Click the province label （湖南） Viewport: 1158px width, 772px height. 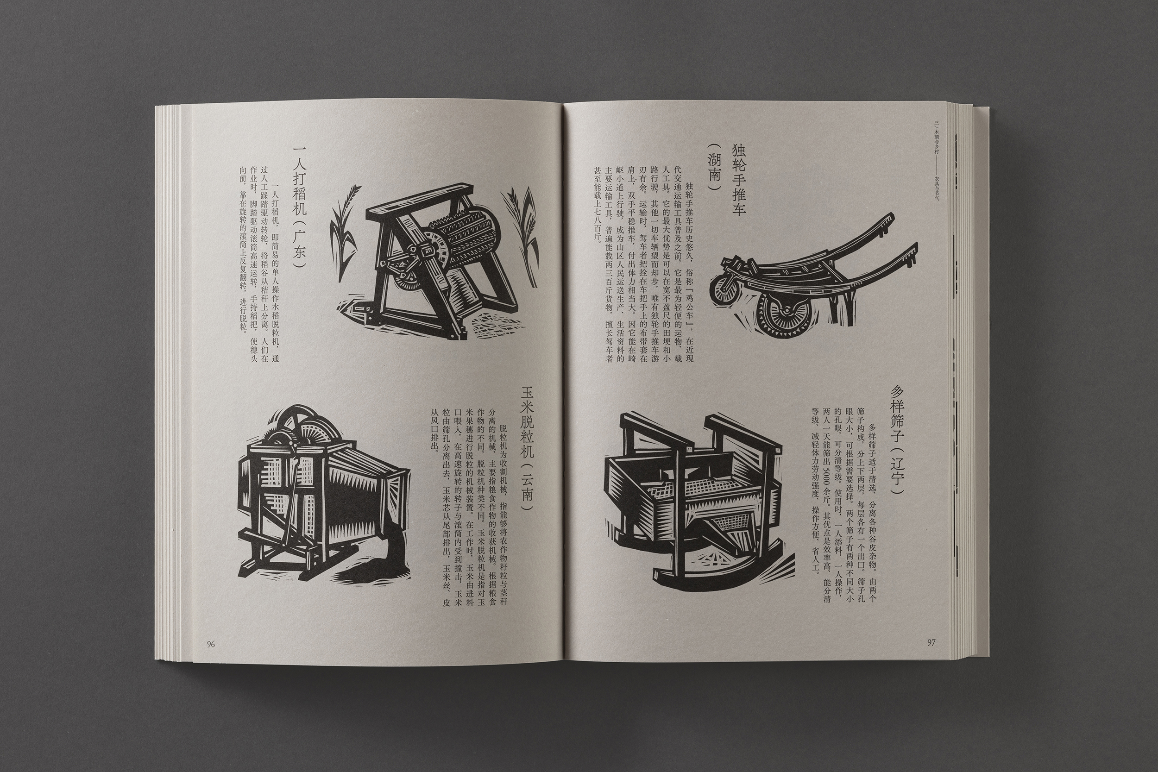pos(713,174)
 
